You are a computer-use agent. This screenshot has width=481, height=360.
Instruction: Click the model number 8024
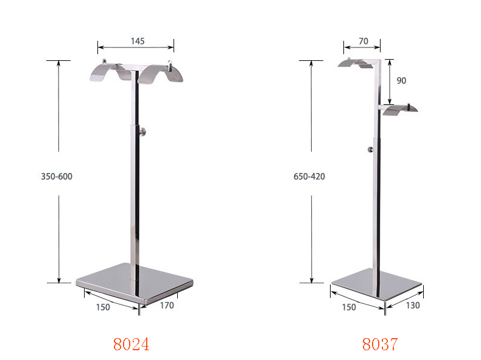tap(131, 344)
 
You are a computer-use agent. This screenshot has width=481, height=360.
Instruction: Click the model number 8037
tap(379, 344)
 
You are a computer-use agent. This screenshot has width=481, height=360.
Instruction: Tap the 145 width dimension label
tap(137, 41)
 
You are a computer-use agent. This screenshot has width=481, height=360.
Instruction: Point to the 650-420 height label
tap(309, 177)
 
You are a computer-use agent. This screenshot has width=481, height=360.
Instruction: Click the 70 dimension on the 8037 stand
tap(363, 41)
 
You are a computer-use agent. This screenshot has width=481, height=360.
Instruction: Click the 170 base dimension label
tap(166, 305)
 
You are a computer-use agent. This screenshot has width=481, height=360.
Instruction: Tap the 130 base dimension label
tap(412, 305)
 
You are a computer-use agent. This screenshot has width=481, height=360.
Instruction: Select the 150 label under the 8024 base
tap(103, 307)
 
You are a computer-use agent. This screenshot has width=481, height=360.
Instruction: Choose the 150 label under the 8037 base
tap(349, 307)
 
